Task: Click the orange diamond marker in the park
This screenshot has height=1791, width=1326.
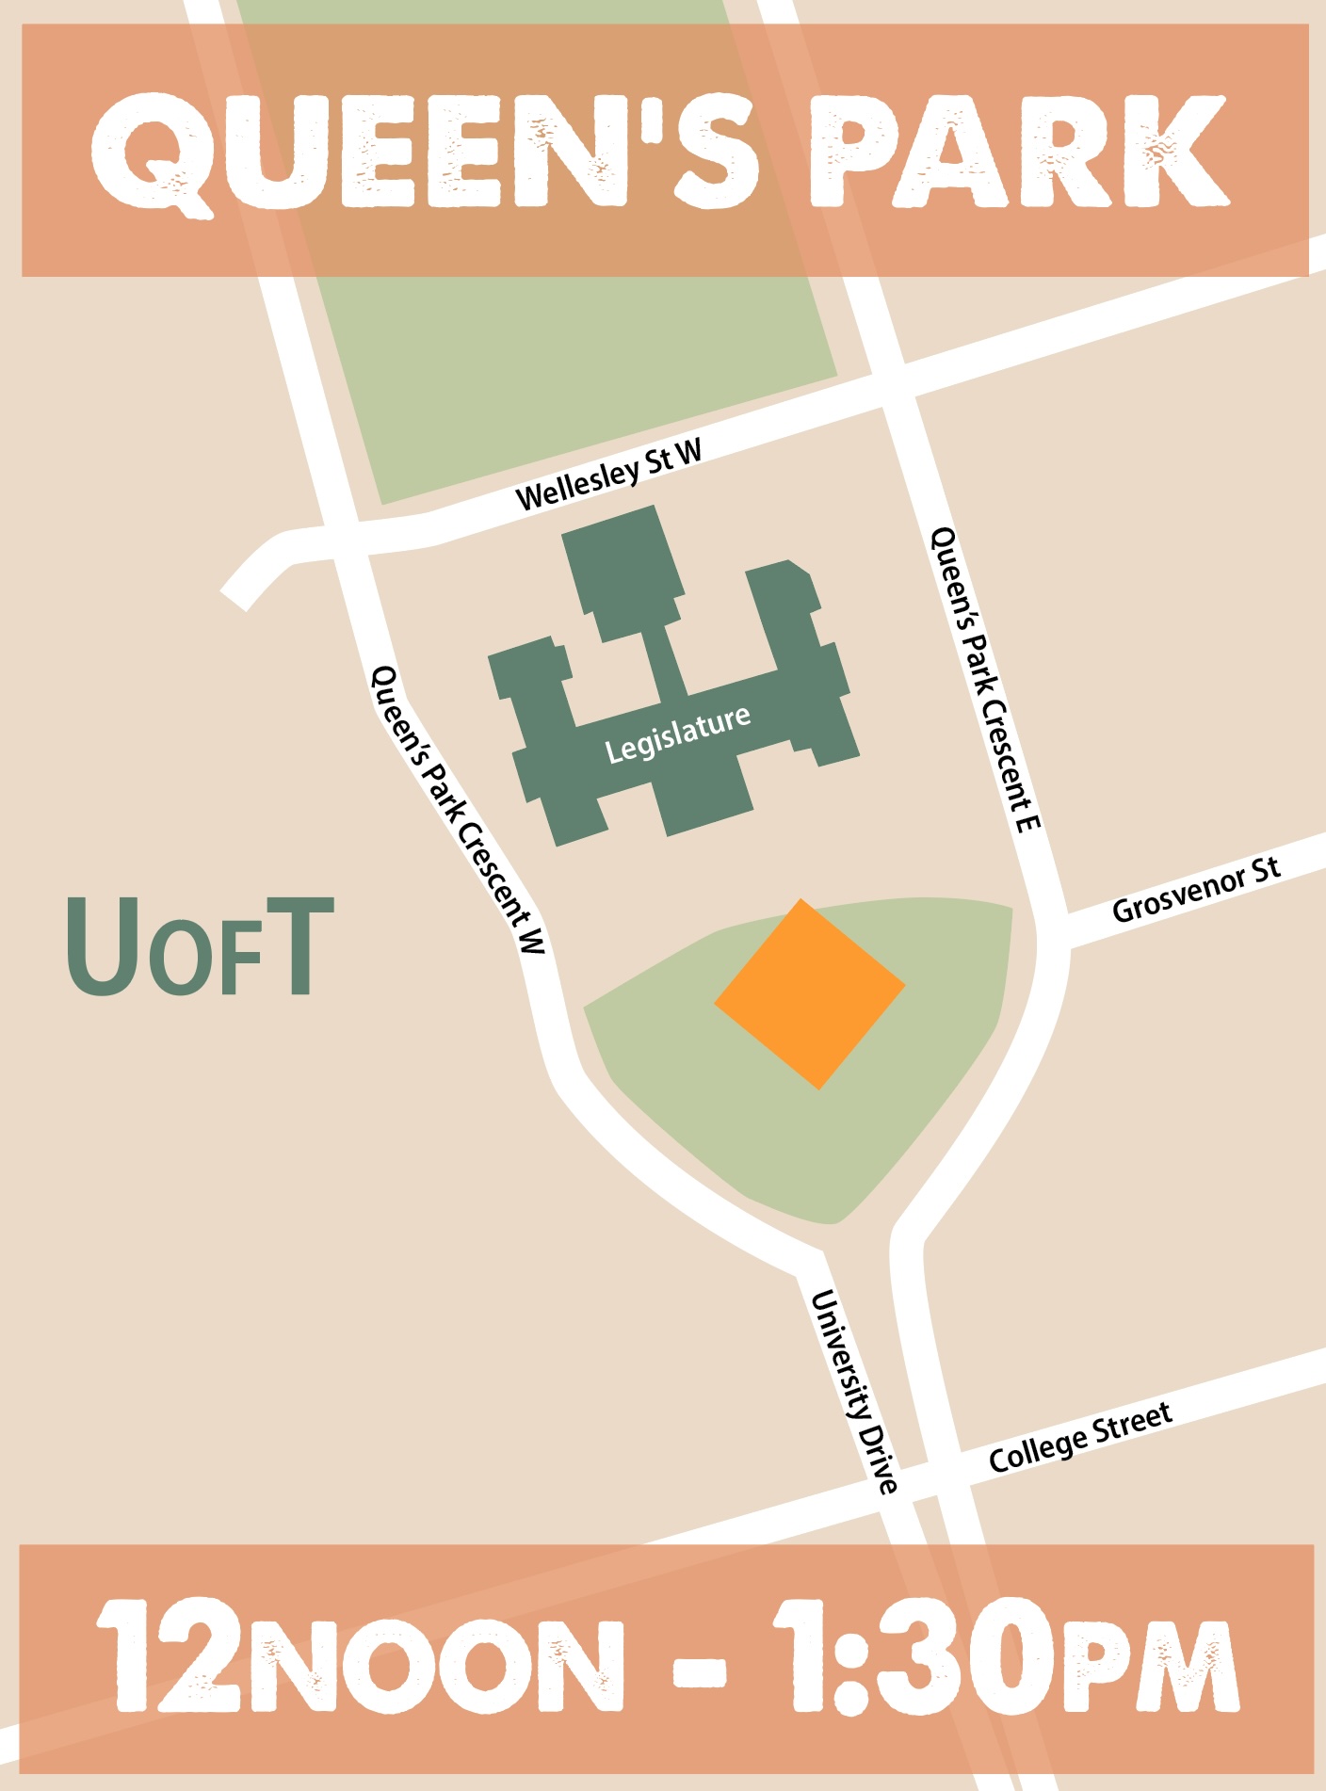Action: [x=810, y=993]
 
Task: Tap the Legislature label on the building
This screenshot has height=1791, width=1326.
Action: [x=677, y=734]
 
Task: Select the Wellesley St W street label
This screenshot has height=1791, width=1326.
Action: [x=609, y=475]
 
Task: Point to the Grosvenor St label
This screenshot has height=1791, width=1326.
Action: [x=1196, y=890]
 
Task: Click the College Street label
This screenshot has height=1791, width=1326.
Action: [x=1080, y=1437]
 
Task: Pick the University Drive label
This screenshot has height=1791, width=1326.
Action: [x=854, y=1392]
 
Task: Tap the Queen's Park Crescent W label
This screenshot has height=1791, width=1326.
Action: [x=459, y=810]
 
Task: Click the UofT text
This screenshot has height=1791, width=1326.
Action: [x=200, y=946]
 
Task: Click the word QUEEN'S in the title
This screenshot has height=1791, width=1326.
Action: [x=424, y=151]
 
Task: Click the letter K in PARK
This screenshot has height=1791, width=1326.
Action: [x=1177, y=151]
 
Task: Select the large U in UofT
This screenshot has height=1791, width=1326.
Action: [x=104, y=946]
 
